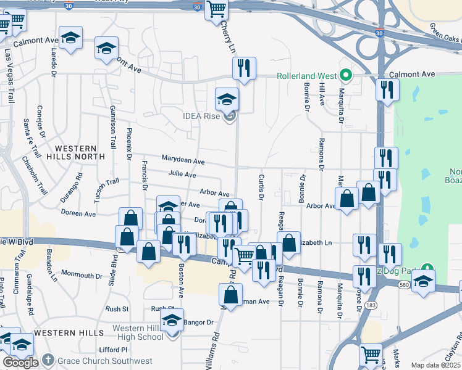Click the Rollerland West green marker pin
click(346, 76)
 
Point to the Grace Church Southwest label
click(105, 361)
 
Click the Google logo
click(20, 363)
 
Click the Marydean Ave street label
click(183, 160)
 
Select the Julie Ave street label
click(182, 175)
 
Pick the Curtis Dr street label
click(261, 187)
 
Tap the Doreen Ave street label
click(78, 213)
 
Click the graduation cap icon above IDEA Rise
click(227, 99)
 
